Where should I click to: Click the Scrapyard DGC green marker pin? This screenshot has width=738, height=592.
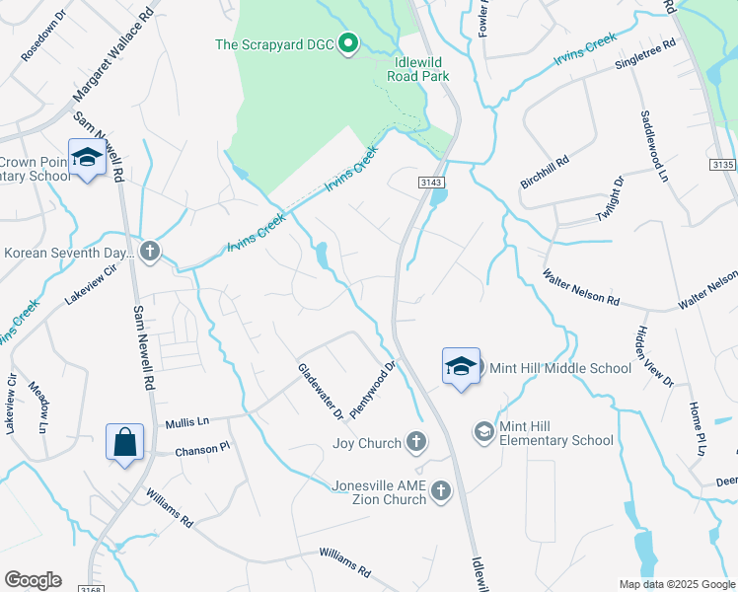coord(347,43)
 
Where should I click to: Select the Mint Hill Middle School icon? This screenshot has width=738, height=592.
coord(461,367)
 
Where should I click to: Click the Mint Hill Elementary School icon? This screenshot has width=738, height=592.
coord(483,432)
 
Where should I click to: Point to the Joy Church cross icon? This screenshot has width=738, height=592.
coord(416,443)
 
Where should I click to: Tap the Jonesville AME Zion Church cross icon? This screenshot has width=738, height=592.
coord(441,489)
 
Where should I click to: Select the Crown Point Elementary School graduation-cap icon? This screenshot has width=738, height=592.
coord(87,159)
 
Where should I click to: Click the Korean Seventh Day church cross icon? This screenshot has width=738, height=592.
coord(149,253)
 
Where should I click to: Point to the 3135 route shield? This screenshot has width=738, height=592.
coord(723,165)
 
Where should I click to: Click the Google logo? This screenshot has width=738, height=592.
coord(33,580)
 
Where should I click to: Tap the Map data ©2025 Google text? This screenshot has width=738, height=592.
coord(677,584)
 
